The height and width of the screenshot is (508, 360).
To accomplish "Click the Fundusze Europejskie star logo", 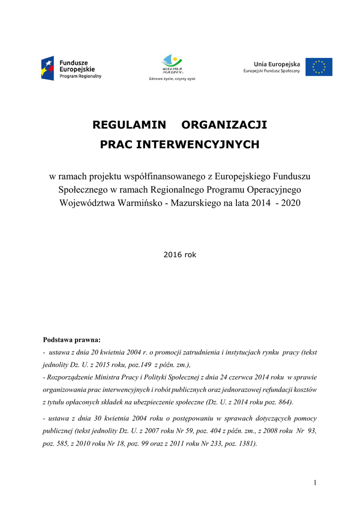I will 48,68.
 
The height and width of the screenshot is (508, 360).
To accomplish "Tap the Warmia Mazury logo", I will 172,63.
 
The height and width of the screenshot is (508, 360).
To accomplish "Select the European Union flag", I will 319,67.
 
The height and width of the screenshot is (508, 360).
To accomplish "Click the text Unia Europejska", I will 277,64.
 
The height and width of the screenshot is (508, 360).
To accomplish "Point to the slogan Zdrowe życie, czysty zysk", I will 172,79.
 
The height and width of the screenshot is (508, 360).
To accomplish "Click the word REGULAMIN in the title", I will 126,125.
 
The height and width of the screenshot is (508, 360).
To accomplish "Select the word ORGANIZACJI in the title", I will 224,125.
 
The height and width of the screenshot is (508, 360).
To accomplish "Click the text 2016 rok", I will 180,254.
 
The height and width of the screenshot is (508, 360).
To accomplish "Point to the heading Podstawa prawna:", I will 72,340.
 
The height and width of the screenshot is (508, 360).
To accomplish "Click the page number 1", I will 315,483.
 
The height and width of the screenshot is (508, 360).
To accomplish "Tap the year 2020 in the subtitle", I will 289,202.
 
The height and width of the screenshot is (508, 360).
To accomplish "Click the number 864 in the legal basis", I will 285,401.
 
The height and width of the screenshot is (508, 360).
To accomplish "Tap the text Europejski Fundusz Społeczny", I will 272,71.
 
